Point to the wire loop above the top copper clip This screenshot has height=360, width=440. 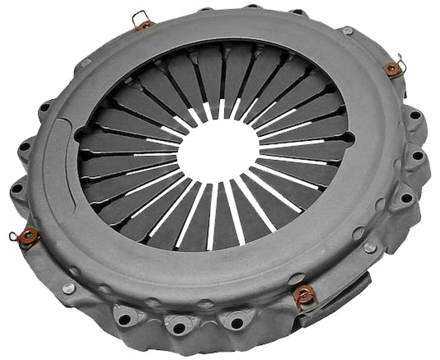tap(140, 15)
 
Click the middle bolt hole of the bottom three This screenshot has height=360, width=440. tap(177, 324)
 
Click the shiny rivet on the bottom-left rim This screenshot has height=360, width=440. tap(68, 288)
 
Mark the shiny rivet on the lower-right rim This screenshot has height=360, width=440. tap(369, 247)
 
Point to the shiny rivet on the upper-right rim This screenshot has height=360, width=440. tap(348, 31)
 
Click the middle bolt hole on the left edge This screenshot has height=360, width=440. tap(26, 147)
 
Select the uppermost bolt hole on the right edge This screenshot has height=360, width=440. tap(415, 115)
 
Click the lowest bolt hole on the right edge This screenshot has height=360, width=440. tap(408, 199)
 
